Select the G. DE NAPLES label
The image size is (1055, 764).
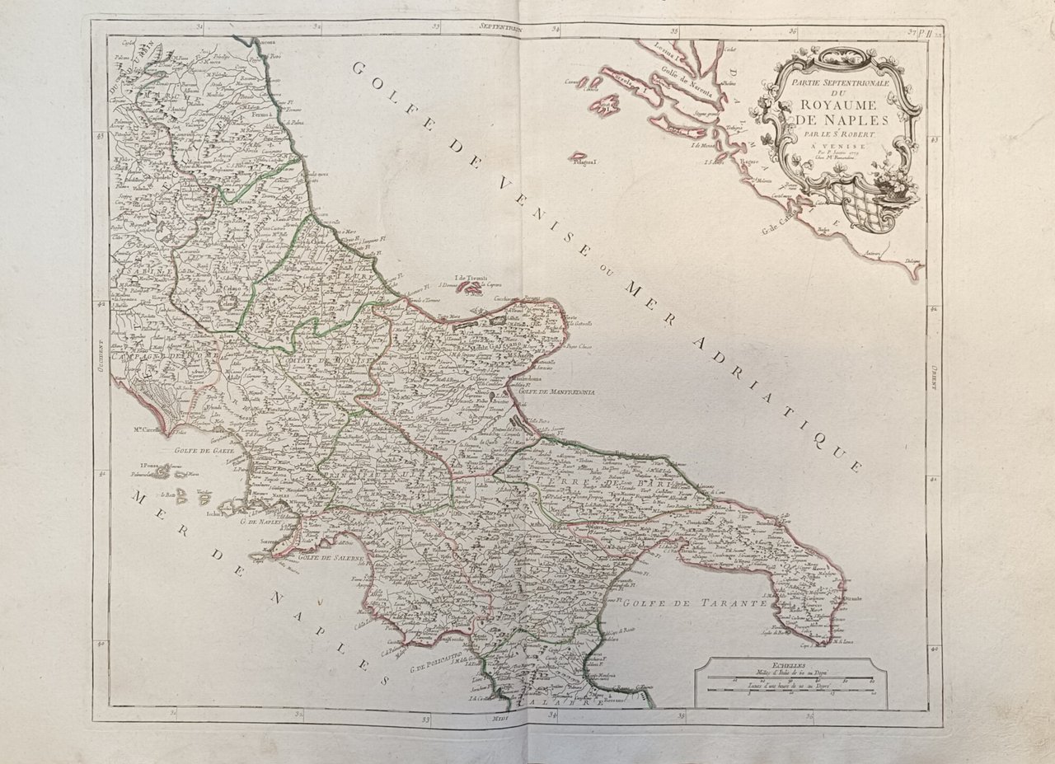click(x=261, y=521)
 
